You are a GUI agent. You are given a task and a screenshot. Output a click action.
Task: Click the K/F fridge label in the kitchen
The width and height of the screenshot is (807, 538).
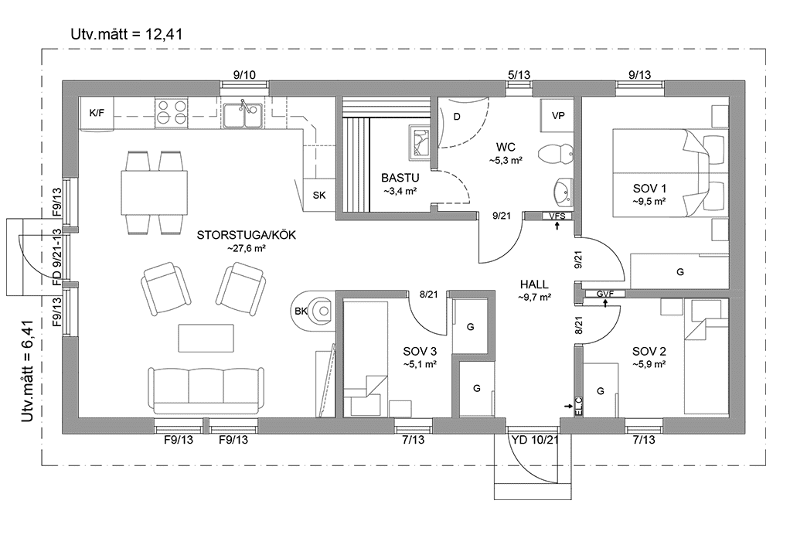(97, 114)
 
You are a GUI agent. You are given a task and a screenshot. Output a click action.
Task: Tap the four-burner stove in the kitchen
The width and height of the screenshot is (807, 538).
(171, 113)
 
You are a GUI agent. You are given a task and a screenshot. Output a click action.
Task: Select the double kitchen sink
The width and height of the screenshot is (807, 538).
(243, 115)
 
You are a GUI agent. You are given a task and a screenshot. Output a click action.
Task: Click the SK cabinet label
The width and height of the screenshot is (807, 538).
(318, 195)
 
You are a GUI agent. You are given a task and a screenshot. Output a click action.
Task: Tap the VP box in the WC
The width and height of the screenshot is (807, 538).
(557, 115)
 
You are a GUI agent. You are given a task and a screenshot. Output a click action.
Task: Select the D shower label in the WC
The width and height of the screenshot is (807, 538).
(457, 117)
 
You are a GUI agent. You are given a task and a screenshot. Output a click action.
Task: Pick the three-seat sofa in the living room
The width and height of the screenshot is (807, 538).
(205, 390)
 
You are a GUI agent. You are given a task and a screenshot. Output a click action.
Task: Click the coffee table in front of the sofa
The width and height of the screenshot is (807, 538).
(206, 338)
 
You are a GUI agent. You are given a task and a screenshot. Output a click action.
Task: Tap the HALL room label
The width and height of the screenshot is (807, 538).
(534, 284)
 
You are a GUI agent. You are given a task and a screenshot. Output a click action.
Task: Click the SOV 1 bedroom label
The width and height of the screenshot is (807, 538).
(649, 188)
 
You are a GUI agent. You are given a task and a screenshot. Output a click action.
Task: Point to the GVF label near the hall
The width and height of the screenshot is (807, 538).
(604, 293)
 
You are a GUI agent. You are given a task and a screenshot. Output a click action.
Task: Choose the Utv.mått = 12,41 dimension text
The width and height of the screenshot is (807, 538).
(126, 33)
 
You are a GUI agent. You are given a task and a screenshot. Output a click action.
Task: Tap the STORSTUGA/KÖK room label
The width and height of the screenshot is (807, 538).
(247, 235)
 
